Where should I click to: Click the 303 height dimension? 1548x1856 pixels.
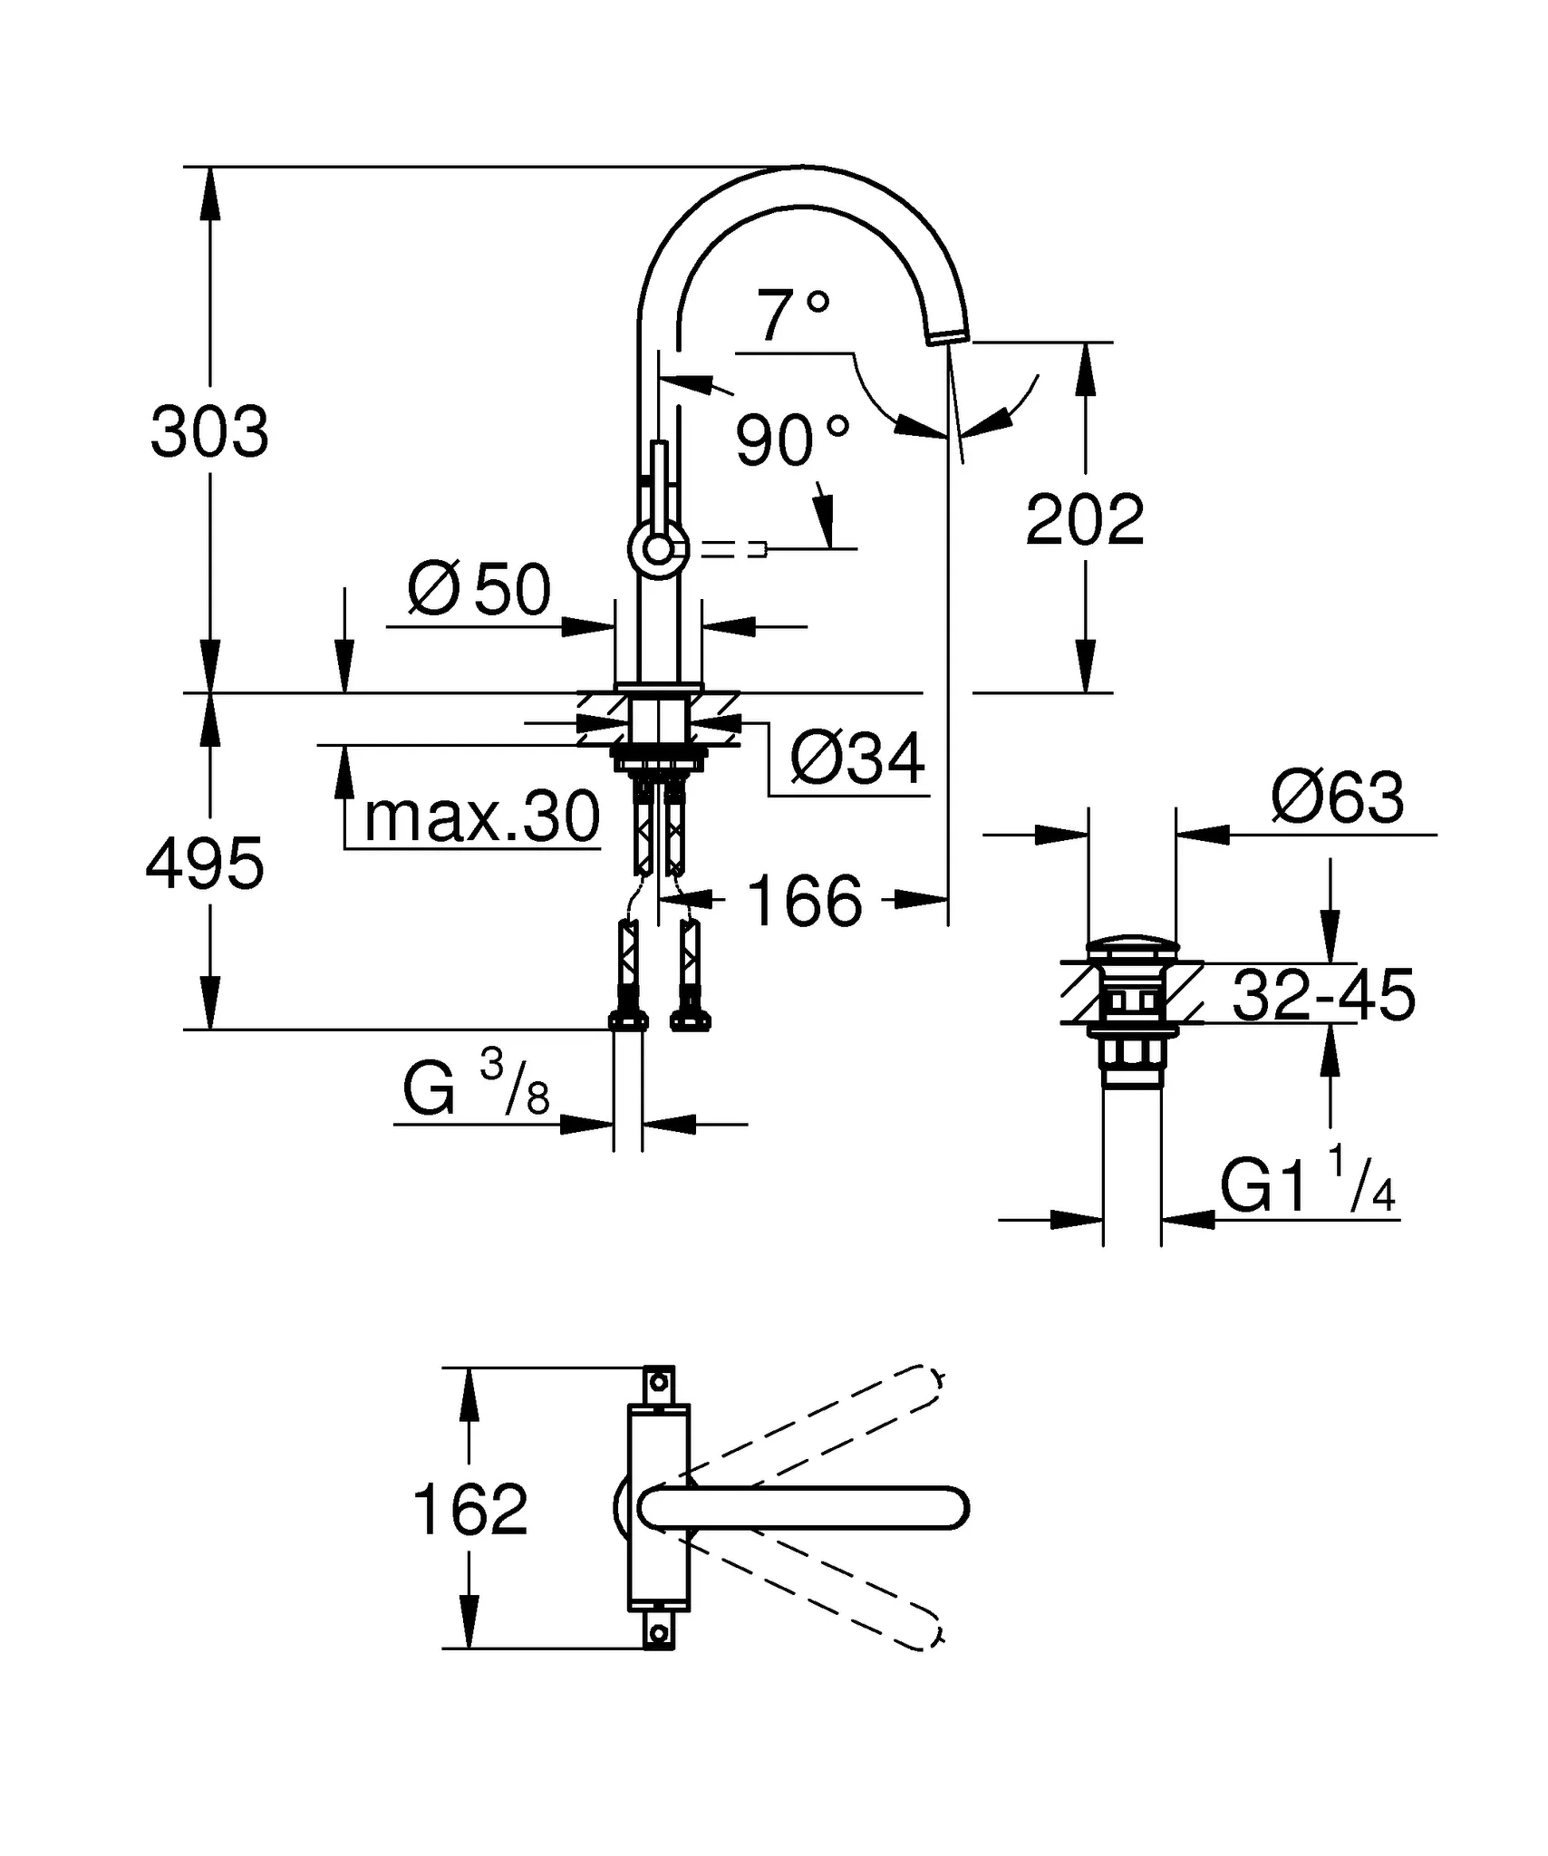point(209,432)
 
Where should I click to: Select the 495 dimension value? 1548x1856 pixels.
point(205,864)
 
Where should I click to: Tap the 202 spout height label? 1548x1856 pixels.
point(1085,520)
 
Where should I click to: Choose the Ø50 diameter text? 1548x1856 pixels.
point(479,589)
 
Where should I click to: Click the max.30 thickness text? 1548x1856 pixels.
point(481,817)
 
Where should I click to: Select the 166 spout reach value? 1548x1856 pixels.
point(805,902)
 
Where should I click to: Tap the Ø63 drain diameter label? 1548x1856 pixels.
point(1338,797)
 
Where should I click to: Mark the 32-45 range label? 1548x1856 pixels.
point(1323,995)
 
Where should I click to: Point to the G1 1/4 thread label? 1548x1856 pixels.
point(1306,1184)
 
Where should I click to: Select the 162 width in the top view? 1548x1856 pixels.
point(469,1510)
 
